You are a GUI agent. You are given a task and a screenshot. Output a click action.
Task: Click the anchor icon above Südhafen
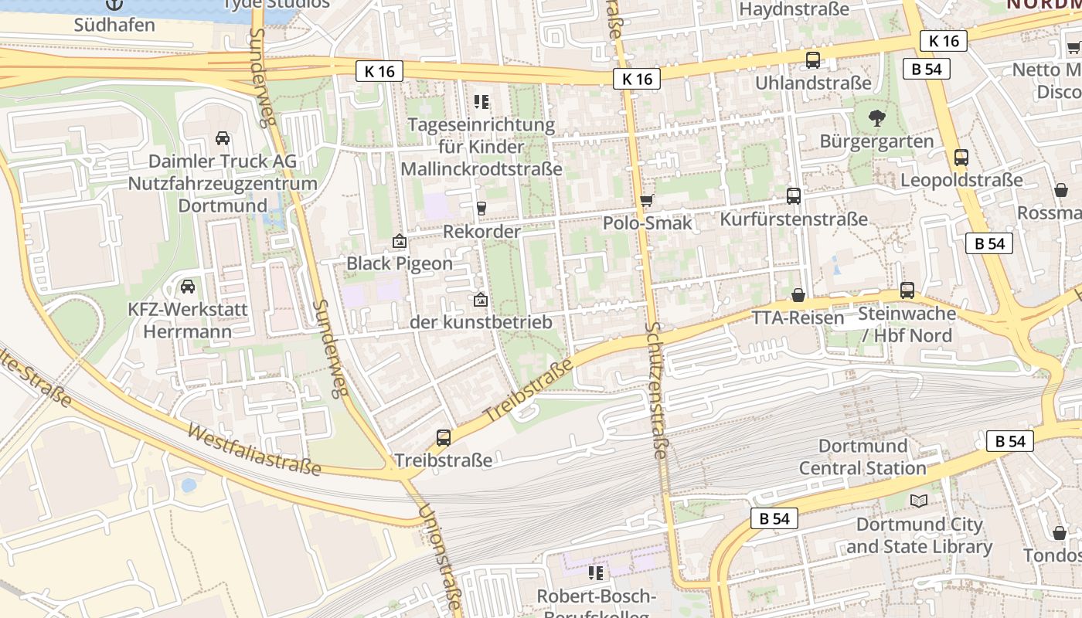pos(114,4)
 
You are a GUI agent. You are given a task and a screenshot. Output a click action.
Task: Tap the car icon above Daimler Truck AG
pos(223,138)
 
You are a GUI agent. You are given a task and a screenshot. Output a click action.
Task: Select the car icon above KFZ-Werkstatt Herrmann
pos(187,287)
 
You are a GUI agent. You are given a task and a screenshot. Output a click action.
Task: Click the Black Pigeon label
pos(399,263)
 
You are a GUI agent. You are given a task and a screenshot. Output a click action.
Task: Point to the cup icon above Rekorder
pos(481,208)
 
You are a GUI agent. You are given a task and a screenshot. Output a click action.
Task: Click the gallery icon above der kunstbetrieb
pos(481,299)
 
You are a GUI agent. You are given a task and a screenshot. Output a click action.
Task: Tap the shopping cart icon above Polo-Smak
pos(647,200)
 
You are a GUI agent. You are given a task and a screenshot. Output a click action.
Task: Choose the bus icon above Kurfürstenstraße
pos(794,195)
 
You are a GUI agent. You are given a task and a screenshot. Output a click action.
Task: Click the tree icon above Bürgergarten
pos(876,118)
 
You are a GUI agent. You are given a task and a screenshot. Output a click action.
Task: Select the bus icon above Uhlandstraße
pos(813,59)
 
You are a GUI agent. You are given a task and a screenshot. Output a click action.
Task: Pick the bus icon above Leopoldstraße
pos(961,157)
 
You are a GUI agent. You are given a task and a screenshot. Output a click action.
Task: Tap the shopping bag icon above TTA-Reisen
pos(798,295)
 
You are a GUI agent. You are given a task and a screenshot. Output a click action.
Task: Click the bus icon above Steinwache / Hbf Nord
pos(907,290)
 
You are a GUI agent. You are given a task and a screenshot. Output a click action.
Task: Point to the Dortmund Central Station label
pos(863,457)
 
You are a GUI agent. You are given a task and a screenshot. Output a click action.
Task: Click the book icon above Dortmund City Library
pos(918,501)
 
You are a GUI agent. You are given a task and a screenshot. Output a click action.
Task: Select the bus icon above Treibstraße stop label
pos(444,437)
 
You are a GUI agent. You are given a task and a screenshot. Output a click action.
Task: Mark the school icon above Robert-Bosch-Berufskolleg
pos(595,572)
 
